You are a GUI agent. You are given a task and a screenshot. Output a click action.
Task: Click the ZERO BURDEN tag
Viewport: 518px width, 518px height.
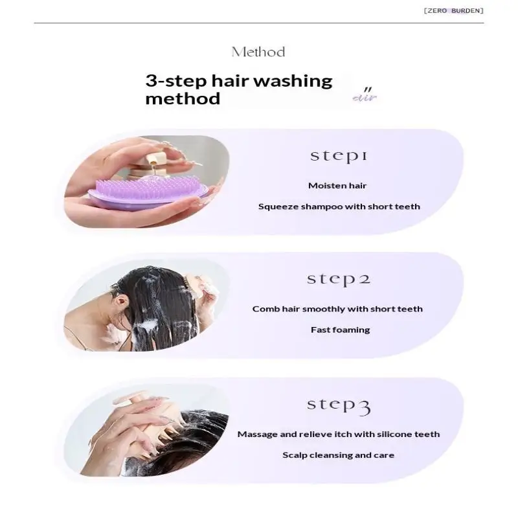pos(453,10)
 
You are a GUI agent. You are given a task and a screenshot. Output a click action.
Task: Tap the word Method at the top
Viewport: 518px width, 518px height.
pos(258,52)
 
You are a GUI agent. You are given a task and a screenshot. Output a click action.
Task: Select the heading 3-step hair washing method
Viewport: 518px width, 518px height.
pos(239,89)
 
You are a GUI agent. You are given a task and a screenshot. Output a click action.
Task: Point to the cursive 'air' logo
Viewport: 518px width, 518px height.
pos(365,95)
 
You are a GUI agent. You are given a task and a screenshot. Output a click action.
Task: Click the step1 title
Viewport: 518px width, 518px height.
pos(339,156)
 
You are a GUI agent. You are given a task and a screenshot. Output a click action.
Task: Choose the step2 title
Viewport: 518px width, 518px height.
pos(339,280)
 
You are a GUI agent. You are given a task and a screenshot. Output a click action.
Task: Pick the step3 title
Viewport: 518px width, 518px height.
pos(339,406)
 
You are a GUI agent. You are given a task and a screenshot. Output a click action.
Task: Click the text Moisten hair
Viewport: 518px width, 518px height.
pos(337,186)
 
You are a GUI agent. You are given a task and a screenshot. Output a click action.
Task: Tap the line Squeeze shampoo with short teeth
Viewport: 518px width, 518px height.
pos(339,207)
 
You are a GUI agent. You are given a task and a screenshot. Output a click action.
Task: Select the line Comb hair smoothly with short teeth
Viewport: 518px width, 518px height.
pos(337,310)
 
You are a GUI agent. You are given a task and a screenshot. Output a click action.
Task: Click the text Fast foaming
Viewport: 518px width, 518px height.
pos(341,330)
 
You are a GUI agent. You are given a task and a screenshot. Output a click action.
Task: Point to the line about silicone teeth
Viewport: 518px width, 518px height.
pos(339,434)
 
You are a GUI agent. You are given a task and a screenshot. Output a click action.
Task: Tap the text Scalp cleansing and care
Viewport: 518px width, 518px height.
pos(338,455)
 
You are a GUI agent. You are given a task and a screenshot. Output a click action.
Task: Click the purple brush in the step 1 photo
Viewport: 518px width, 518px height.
pos(149,193)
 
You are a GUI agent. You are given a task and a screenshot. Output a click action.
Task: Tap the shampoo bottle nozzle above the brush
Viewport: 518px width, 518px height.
pos(153,161)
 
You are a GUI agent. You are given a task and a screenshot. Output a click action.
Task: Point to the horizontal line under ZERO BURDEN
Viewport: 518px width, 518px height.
pos(258,23)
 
